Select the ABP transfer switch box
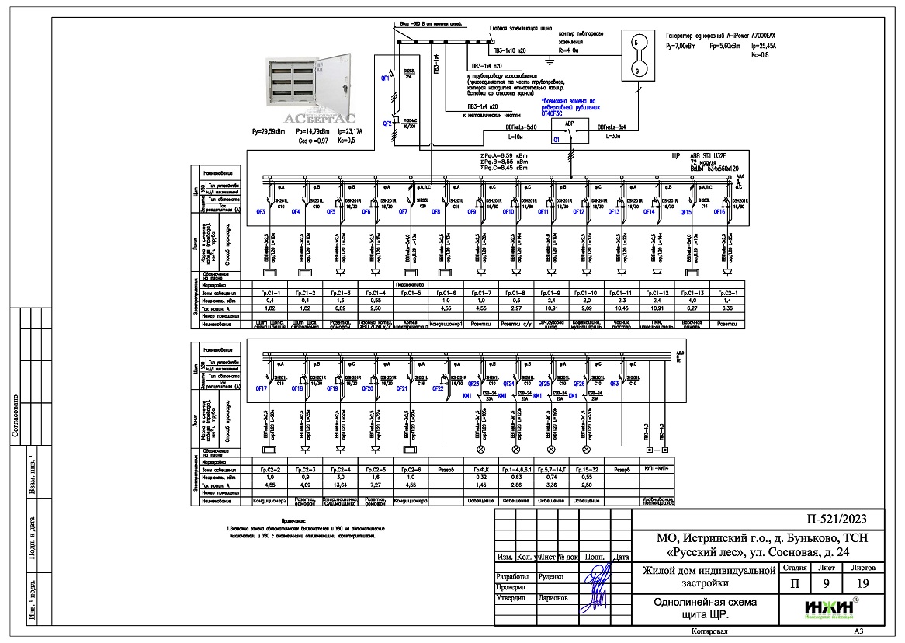(x=570, y=133)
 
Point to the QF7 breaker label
(x=403, y=212)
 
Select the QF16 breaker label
(x=719, y=212)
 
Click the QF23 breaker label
(x=473, y=384)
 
